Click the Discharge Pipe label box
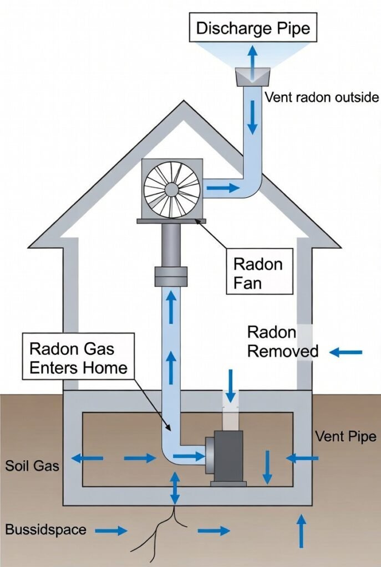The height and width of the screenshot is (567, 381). (253, 28)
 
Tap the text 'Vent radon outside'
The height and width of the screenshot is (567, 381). (322, 97)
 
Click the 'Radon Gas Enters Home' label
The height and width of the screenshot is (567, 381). (79, 358)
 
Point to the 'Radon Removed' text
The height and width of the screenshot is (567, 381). (282, 342)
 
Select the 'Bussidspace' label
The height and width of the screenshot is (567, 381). (46, 529)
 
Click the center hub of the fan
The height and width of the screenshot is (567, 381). (171, 190)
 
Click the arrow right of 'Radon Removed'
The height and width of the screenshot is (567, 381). (346, 352)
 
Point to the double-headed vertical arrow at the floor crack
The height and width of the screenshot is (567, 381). (175, 487)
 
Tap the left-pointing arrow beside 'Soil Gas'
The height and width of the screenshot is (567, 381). (87, 458)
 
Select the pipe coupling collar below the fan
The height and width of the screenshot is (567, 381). (171, 276)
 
